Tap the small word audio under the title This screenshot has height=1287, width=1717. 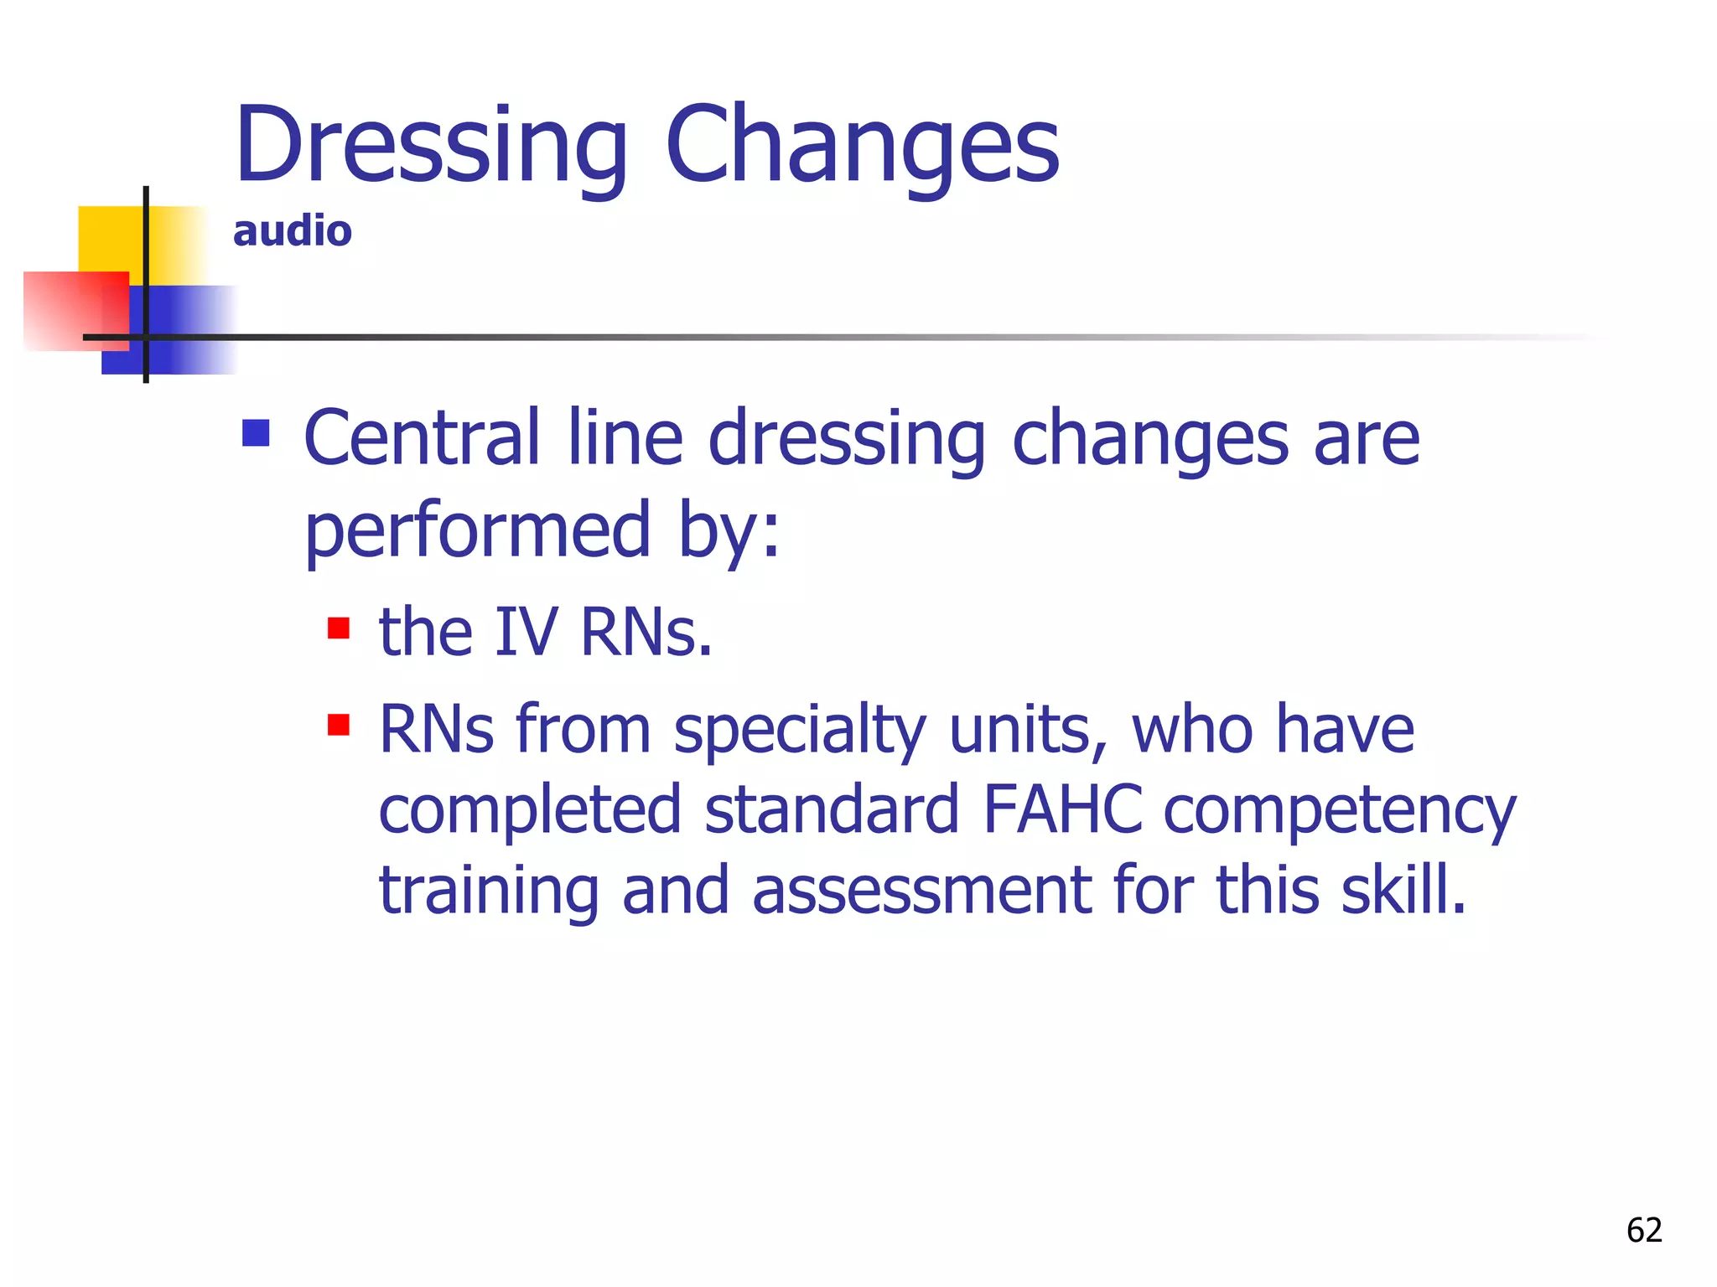292,230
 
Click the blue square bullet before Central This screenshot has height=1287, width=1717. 256,433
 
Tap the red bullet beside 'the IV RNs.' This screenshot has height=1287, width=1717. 339,628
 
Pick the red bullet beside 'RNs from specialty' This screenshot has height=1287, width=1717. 339,724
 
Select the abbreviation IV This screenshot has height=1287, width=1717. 527,632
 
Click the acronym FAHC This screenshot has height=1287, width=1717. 1062,809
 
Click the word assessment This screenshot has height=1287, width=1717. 921,890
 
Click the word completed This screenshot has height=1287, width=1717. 530,811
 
